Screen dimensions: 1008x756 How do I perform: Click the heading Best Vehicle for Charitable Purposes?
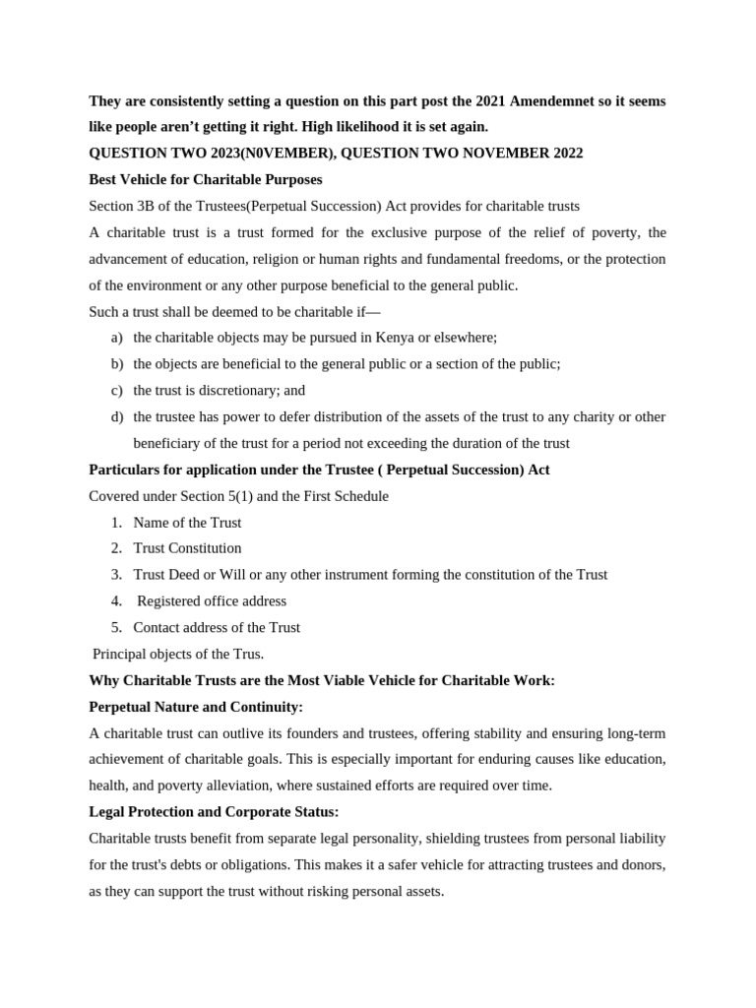point(205,179)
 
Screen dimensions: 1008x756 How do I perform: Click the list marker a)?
point(116,337)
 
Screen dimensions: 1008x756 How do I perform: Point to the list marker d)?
point(116,416)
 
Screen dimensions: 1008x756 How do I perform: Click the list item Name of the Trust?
point(187,522)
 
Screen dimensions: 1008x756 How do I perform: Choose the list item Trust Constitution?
point(187,548)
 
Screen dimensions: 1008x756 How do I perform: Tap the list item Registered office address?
point(212,600)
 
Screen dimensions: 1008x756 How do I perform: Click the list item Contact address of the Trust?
point(217,627)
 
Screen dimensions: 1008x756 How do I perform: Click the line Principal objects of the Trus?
point(178,654)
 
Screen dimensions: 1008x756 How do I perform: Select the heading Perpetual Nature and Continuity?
point(196,707)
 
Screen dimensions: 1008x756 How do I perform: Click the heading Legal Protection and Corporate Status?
point(214,812)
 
